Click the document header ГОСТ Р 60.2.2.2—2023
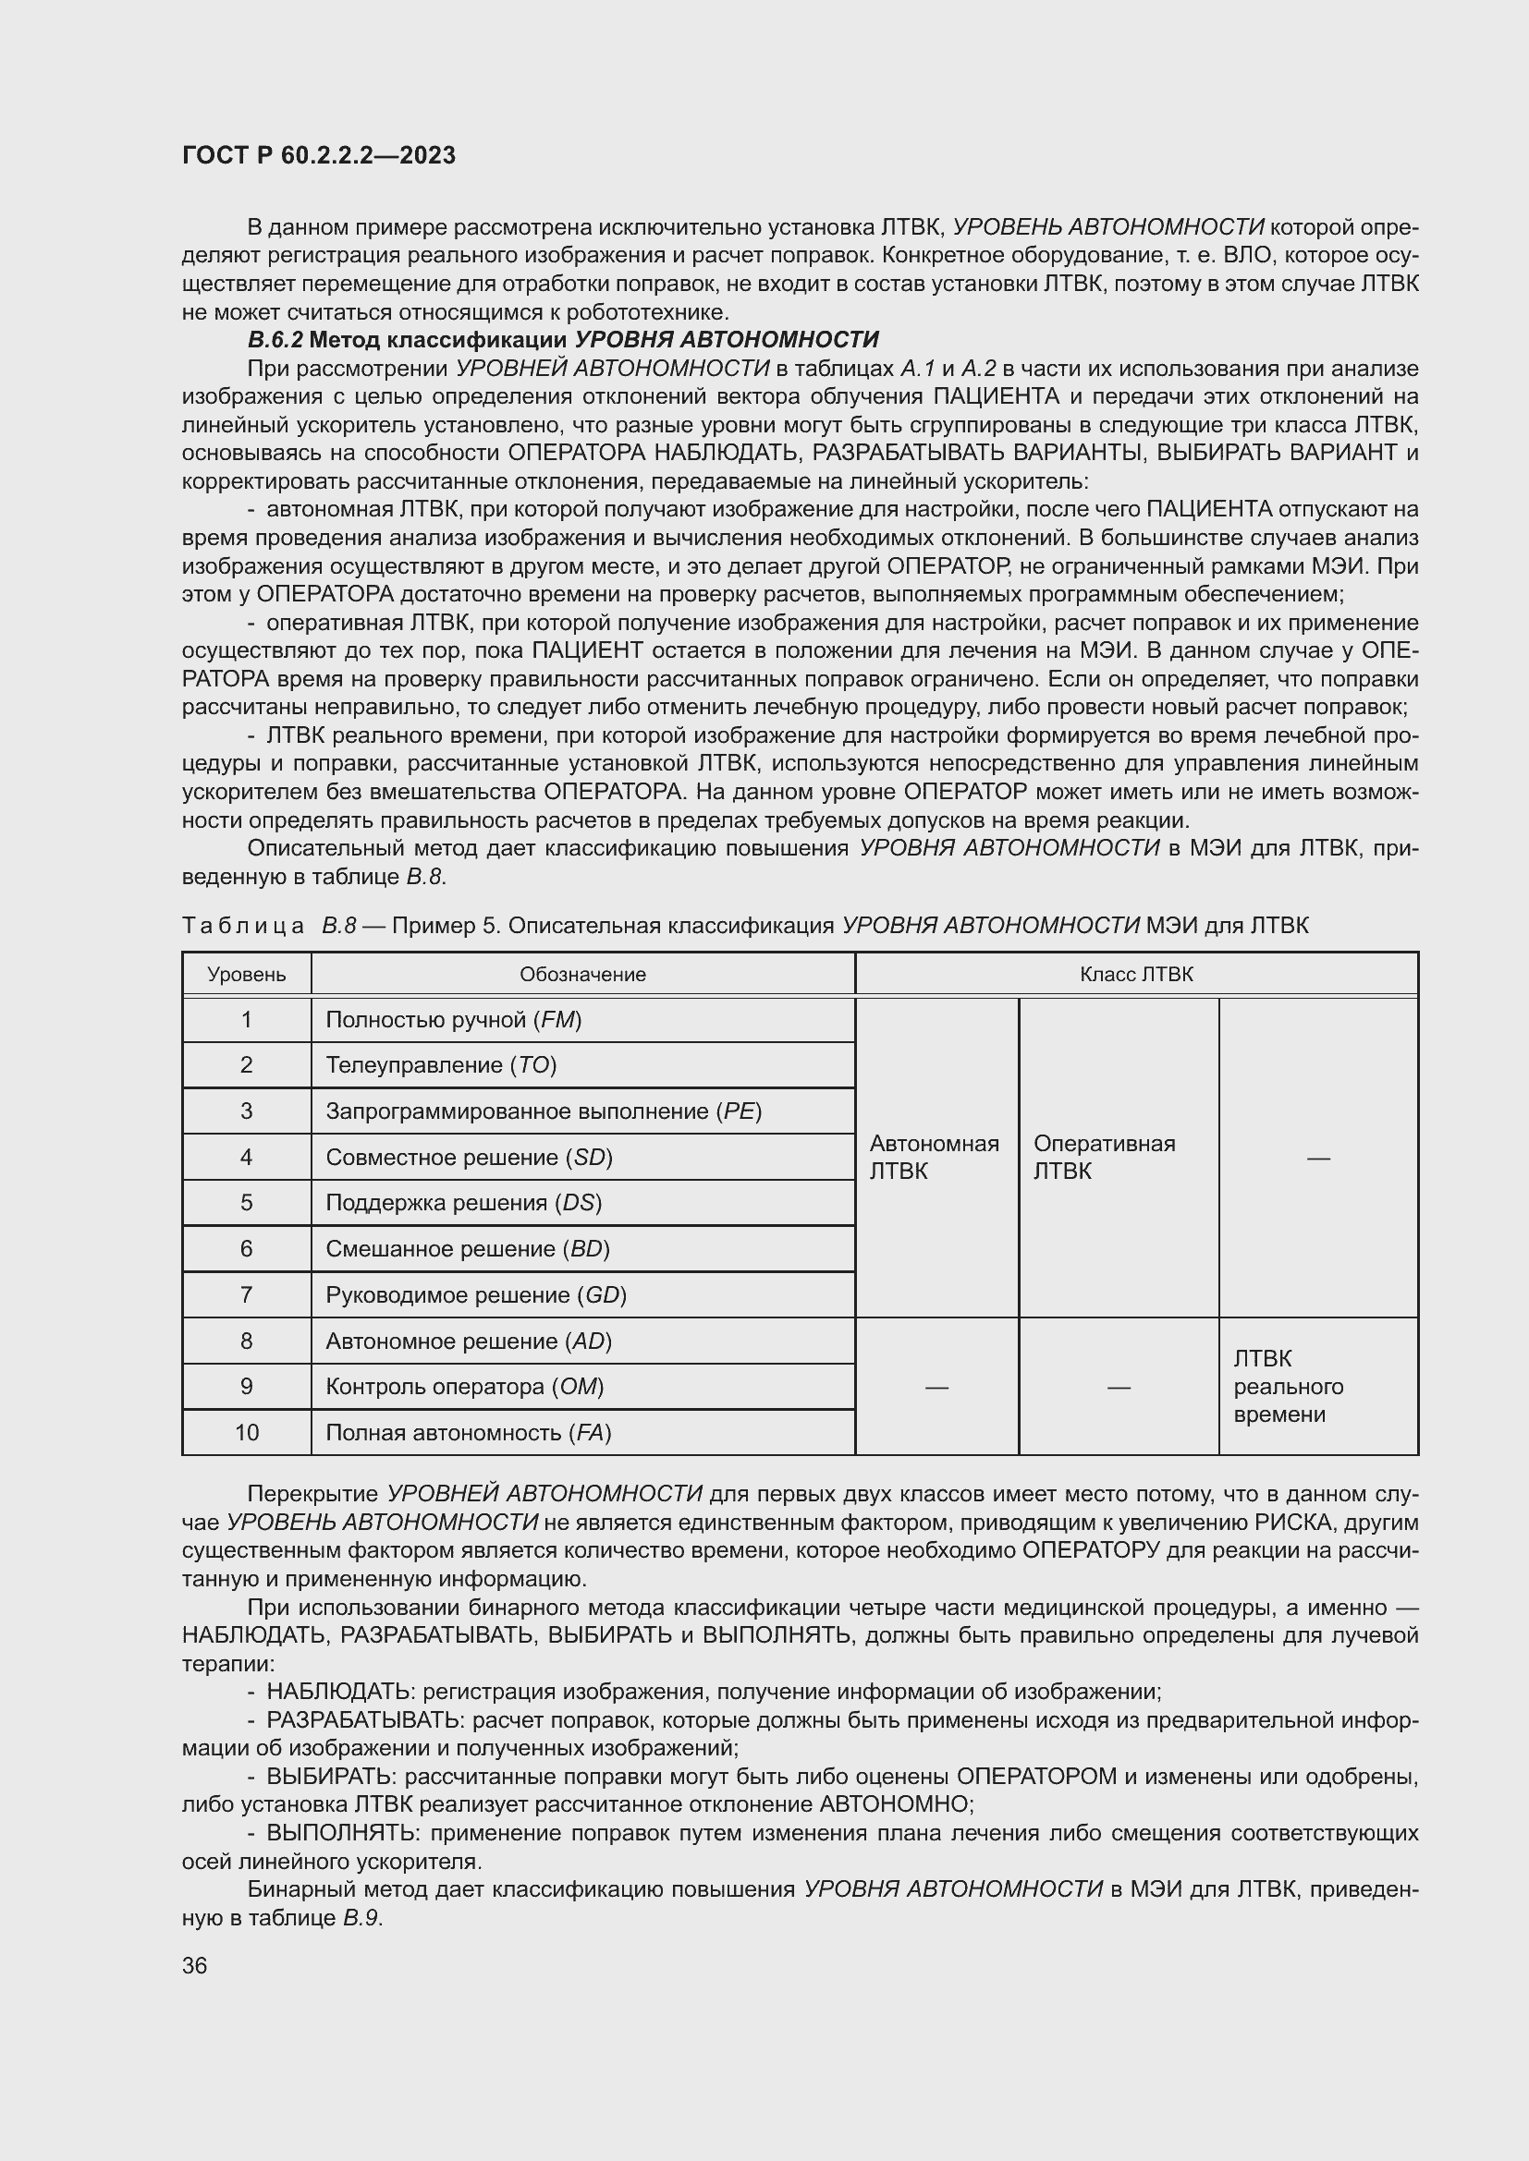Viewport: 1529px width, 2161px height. pos(318,155)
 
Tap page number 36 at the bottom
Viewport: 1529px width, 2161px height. pos(194,1965)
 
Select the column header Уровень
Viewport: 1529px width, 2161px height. pos(247,974)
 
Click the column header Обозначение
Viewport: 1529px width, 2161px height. pos(582,974)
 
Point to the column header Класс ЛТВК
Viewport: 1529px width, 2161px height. pos(1136,974)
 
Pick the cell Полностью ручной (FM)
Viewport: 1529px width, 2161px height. pos(454,1019)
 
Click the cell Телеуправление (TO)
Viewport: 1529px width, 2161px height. pos(442,1064)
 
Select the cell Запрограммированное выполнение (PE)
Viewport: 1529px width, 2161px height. pos(544,1111)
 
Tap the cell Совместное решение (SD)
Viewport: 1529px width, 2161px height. pos(469,1157)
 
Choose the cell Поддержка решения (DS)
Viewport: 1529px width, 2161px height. pos(463,1202)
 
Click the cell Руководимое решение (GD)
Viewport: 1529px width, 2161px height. pos(475,1295)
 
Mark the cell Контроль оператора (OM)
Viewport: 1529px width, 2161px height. pos(464,1387)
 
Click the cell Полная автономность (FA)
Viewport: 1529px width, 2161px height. pos(468,1433)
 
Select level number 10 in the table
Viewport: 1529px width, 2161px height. pos(247,1433)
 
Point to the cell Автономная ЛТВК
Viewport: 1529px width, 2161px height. pos(934,1157)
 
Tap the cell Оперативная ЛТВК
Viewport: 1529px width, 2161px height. pos(1105,1157)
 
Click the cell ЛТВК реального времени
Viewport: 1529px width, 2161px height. pos(1288,1387)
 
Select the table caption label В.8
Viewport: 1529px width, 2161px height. pos(339,925)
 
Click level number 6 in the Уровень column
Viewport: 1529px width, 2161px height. pos(247,1248)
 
